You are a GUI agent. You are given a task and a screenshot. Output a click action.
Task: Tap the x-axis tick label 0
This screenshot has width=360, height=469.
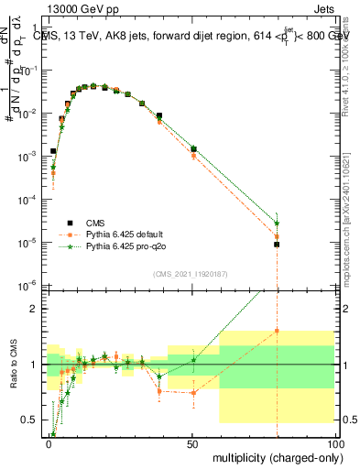click(49, 442)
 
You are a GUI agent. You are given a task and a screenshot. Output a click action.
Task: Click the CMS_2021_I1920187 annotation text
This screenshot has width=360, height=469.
click(191, 273)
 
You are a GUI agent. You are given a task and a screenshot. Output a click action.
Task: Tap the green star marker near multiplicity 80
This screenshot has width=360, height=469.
click(277, 224)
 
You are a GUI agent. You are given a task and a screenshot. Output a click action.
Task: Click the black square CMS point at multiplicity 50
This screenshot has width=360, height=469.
click(193, 148)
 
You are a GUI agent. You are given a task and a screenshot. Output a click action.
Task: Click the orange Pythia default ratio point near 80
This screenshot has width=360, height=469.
click(277, 331)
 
